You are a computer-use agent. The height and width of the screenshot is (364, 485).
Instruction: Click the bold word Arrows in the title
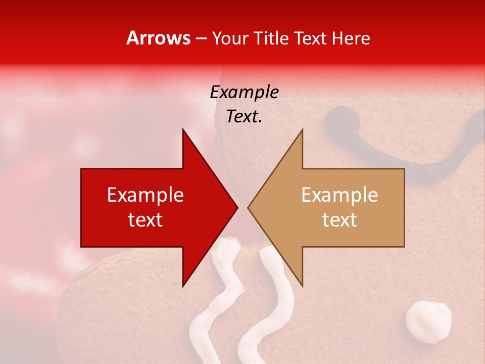click(x=159, y=38)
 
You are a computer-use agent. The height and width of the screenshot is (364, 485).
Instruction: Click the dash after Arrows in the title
click(x=201, y=38)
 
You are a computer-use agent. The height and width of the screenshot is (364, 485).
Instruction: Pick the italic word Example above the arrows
click(x=244, y=92)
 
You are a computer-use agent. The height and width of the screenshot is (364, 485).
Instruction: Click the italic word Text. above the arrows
click(x=244, y=116)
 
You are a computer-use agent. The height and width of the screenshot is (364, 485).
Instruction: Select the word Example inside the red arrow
click(x=145, y=195)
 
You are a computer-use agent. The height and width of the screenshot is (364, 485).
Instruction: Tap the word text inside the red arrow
click(x=145, y=220)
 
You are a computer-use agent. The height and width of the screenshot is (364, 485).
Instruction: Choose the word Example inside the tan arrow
click(x=339, y=195)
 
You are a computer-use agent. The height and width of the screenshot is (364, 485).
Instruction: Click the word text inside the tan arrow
click(x=339, y=220)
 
